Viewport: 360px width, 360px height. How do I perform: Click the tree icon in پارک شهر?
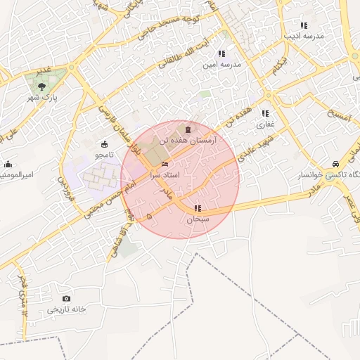pos(44,86)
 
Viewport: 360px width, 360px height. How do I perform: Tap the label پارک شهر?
pos(44,97)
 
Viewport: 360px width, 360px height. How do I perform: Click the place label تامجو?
pos(104,154)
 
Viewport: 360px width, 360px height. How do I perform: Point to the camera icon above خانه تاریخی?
pos(67,299)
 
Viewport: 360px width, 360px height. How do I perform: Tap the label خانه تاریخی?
pos(66,309)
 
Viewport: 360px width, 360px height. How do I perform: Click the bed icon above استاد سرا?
pos(165,163)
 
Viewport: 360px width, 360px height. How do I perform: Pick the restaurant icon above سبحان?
pos(198,208)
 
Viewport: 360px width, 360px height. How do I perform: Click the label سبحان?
pos(198,219)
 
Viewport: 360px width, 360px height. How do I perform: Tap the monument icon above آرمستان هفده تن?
pos(187,129)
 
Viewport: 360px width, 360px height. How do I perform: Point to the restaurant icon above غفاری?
pos(265,113)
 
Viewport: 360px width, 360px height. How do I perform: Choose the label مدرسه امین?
pos(221,64)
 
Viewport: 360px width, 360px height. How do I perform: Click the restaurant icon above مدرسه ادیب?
pos(304,25)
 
